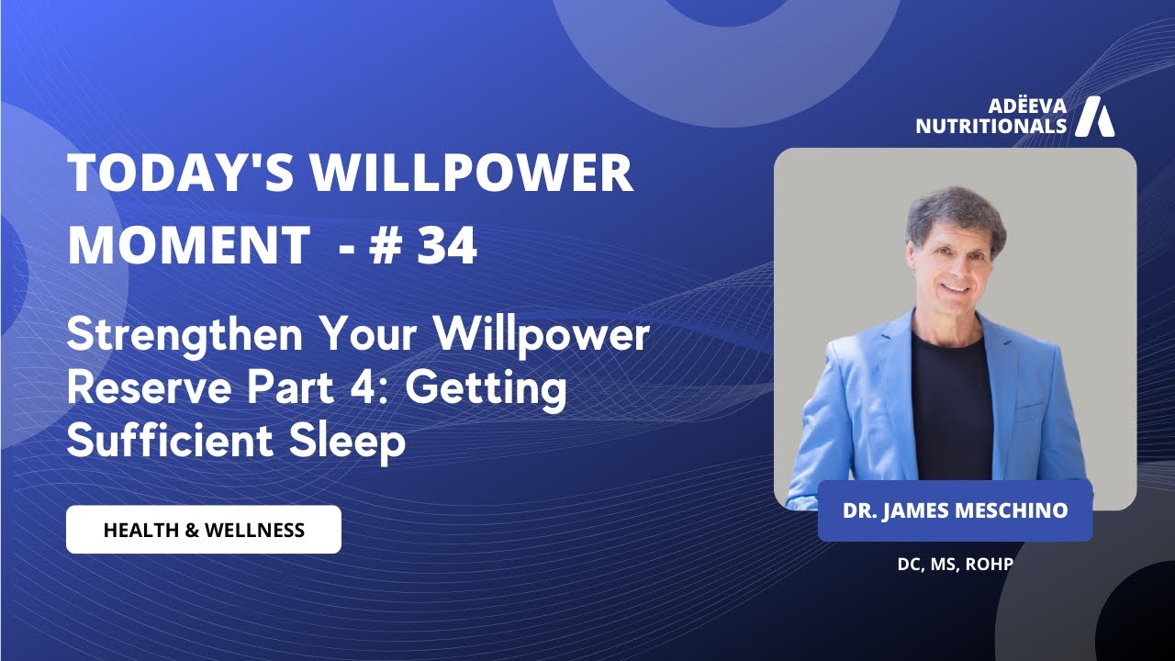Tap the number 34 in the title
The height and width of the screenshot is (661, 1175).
coord(447,245)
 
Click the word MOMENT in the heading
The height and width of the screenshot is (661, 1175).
coord(189,245)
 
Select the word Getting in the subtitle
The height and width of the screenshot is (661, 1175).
coord(487,391)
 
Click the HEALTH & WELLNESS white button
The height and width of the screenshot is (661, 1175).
coord(204,530)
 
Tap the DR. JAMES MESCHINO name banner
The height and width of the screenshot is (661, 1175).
coord(955,510)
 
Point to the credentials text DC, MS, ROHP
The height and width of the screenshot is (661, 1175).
coord(955,564)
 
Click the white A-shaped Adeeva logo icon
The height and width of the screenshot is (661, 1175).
coord(1094,116)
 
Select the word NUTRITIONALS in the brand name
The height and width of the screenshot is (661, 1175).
coord(991,126)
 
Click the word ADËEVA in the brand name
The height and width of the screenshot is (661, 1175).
coord(1028,106)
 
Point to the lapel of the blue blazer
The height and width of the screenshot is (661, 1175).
coord(890,367)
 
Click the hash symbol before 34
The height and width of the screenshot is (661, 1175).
coord(386,245)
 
